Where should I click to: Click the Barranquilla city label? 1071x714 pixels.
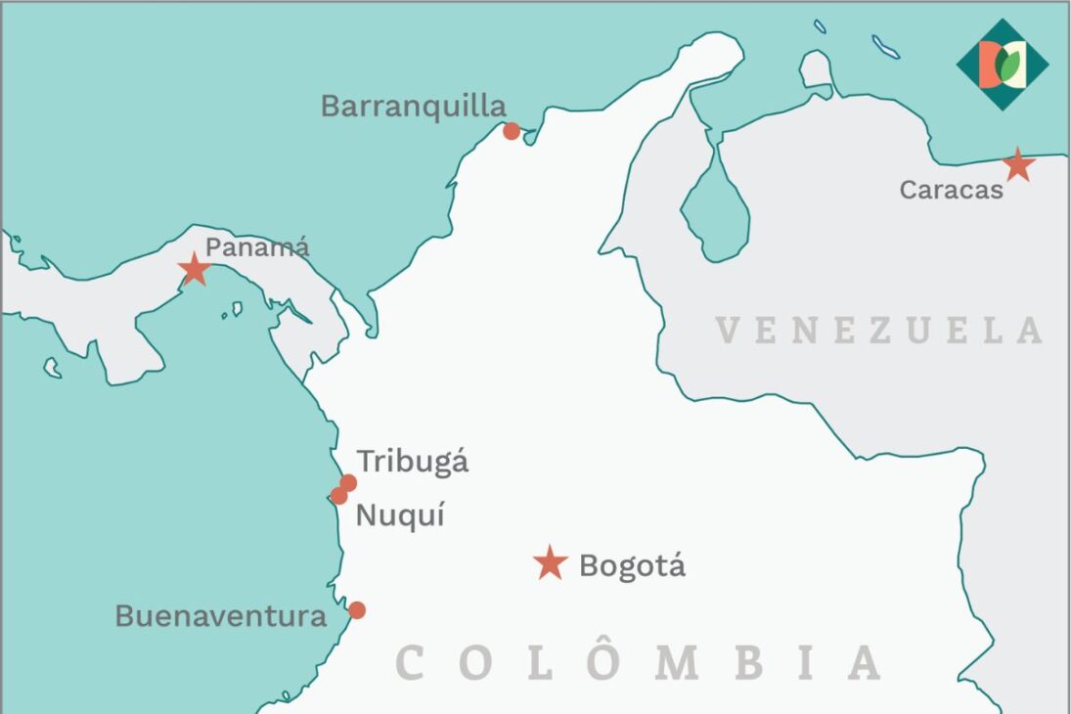414,106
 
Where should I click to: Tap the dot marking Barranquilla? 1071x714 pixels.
512,131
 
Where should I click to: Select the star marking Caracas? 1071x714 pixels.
1018,164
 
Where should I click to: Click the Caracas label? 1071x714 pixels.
952,190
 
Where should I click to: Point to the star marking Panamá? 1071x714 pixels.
195,268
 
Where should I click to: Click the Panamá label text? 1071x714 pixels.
257,246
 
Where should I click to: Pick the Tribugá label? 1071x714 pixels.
412,462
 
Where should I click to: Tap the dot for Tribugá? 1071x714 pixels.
348,483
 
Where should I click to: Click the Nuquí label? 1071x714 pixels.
400,514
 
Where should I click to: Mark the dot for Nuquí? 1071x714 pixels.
338,496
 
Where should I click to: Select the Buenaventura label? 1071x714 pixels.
221,616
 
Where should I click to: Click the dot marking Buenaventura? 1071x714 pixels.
357,610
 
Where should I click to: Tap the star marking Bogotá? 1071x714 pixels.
551,562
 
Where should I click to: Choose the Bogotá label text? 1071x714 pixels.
632,565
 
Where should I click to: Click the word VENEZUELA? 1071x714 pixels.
879,331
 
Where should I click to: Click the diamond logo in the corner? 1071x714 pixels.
1003,65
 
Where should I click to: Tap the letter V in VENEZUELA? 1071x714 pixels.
727,331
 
